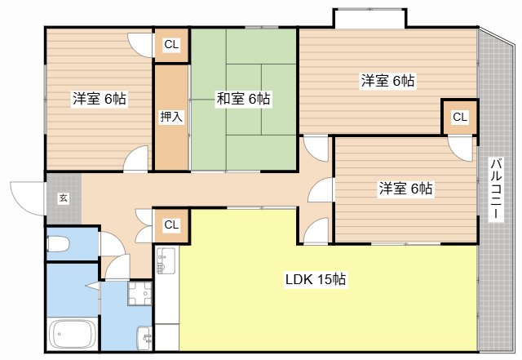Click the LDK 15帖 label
[x=316, y=279]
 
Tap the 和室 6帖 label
[x=243, y=99]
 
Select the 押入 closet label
[x=171, y=117]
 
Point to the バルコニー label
[x=496, y=189]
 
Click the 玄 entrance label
[x=64, y=198]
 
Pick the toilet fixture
[x=58, y=244]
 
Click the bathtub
[x=73, y=334]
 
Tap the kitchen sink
[x=166, y=260]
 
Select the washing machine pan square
[x=139, y=293]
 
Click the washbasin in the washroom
[x=144, y=338]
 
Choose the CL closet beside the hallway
[x=171, y=225]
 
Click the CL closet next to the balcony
[x=460, y=117]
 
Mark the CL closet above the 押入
[x=171, y=44]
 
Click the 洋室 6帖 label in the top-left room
[x=100, y=99]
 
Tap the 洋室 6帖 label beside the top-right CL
[x=388, y=81]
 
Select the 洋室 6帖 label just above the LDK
[x=406, y=189]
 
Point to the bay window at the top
[x=369, y=18]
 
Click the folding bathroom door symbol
[x=94, y=286]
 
